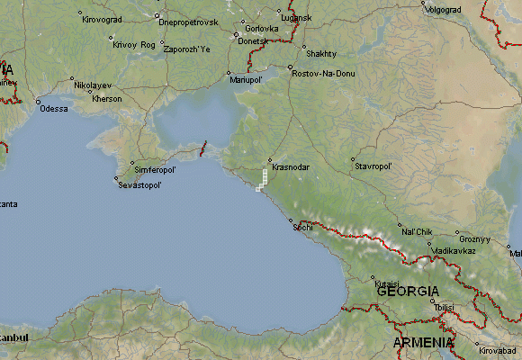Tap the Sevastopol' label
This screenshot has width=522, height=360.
(x=140, y=185)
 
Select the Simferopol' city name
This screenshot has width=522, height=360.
(x=155, y=169)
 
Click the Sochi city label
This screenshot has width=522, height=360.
(x=302, y=227)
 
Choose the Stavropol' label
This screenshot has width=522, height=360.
(x=374, y=166)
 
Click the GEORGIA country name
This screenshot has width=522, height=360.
(x=408, y=292)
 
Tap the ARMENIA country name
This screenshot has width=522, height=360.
(x=423, y=343)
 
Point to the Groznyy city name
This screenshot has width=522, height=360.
(x=474, y=239)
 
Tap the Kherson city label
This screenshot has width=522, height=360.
(x=106, y=99)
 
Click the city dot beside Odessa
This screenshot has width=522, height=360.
(x=38, y=102)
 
